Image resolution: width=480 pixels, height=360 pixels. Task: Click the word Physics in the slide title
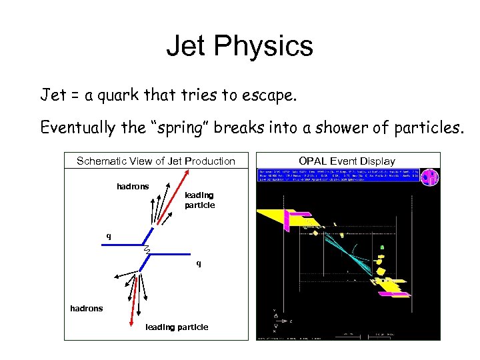[274, 47]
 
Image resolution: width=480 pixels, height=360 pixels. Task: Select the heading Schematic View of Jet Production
[156, 161]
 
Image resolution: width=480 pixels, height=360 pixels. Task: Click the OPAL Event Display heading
[347, 161]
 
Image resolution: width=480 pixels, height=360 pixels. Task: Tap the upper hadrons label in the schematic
[133, 187]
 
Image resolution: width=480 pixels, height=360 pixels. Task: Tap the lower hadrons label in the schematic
[87, 308]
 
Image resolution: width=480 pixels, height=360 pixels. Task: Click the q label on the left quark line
[109, 236]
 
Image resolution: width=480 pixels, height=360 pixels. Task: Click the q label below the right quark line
[198, 263]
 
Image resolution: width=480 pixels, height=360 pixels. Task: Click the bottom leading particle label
[176, 327]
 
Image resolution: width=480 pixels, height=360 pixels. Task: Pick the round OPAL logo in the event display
[431, 177]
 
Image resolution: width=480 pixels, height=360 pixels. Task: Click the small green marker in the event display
[382, 247]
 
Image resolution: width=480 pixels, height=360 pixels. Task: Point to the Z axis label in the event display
[291, 321]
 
